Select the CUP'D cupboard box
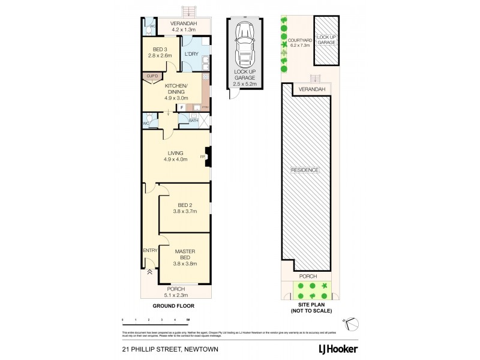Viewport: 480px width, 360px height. [149, 76]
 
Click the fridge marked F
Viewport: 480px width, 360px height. [182, 107]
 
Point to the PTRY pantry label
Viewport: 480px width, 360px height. [205, 107]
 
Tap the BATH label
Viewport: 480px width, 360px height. [193, 121]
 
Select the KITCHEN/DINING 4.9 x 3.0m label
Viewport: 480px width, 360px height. [175, 91]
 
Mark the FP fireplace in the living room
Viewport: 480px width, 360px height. [202, 156]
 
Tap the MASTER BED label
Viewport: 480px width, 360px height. [184, 254]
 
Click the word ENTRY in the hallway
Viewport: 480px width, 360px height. [149, 251]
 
